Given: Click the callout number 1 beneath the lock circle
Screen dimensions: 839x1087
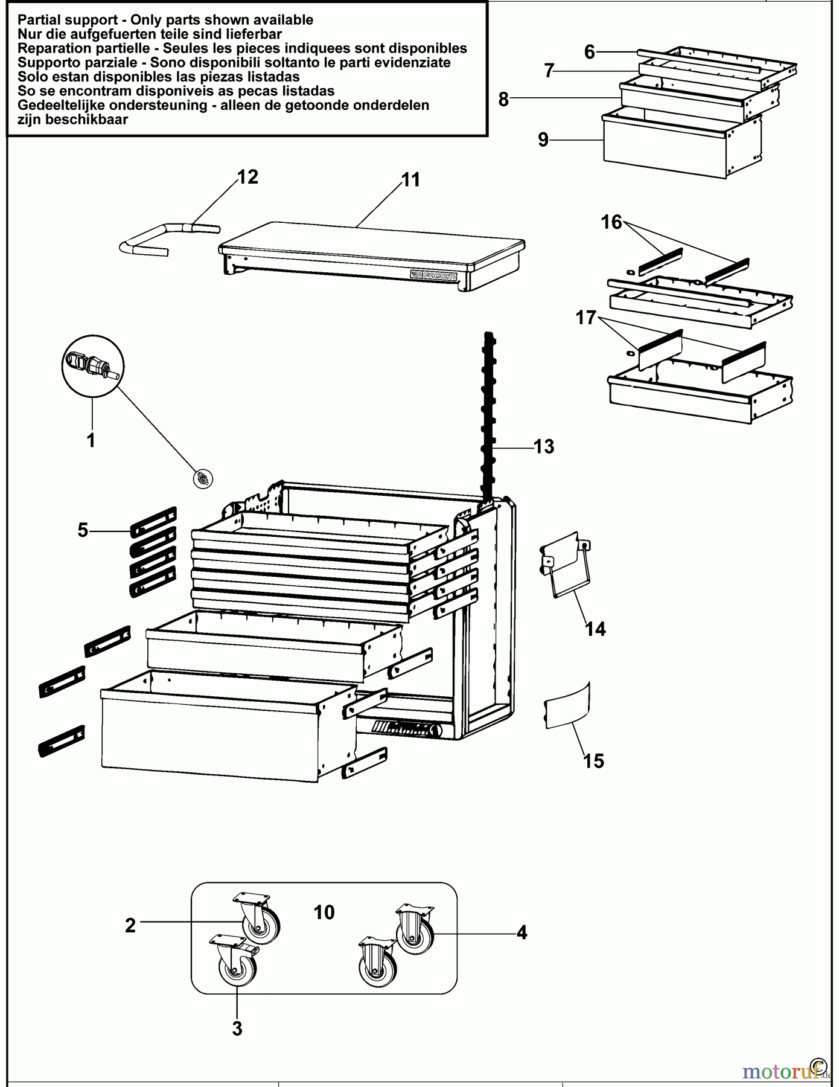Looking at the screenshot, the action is point(91,440).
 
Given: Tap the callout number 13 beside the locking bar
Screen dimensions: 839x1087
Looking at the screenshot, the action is point(544,446).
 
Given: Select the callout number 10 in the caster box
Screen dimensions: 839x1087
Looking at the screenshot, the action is point(324,912).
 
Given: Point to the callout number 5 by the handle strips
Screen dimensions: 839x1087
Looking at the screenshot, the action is point(83,530).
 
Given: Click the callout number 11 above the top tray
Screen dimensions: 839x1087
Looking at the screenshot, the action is point(411,179).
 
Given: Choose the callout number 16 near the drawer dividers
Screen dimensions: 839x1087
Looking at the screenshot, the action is point(611,222).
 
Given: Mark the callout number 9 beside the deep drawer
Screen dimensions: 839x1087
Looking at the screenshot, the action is point(543,139).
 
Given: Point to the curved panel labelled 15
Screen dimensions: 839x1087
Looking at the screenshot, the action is point(567,705).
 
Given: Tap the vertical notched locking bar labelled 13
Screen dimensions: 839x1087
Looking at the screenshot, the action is point(488,417).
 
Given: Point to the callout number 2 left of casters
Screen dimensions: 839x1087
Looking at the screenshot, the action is point(130,925).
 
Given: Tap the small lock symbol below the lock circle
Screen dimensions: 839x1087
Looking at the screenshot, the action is point(202,478).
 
